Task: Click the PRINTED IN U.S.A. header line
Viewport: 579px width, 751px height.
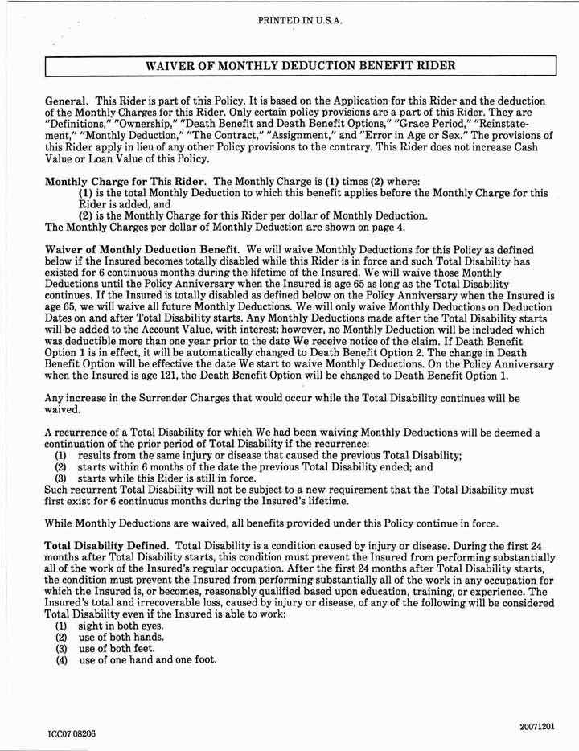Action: pyautogui.click(x=300, y=20)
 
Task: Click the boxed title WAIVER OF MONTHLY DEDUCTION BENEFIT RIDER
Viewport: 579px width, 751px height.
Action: pyautogui.click(x=301, y=65)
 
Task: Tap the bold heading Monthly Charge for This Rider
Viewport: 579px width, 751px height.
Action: pyautogui.click(x=120, y=182)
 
